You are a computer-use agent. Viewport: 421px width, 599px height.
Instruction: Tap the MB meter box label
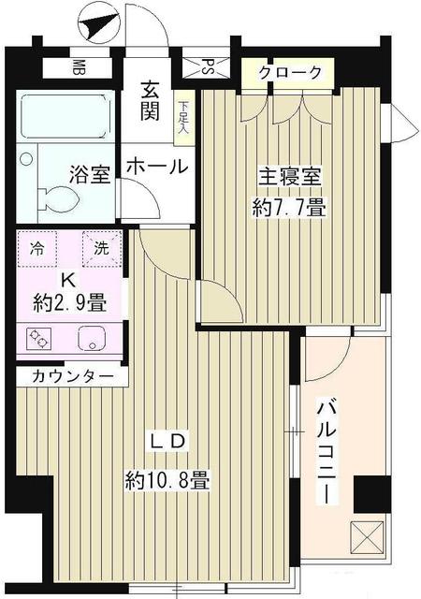pyautogui.click(x=80, y=68)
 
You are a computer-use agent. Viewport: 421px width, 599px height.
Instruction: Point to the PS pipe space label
pyautogui.click(x=208, y=67)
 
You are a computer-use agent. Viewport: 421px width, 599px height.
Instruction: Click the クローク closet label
pyautogui.click(x=290, y=73)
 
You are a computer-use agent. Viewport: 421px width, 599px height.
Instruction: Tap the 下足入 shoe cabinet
pyautogui.click(x=183, y=117)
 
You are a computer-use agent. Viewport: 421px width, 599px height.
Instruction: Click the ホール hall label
pyautogui.click(x=156, y=168)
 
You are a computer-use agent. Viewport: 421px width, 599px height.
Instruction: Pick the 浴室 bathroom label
pyautogui.click(x=90, y=175)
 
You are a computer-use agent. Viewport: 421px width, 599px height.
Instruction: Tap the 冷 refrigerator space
pyautogui.click(x=36, y=249)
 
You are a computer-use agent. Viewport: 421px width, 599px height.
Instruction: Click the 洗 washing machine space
pyautogui.click(x=101, y=249)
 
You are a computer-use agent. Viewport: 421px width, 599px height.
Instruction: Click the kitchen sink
pyautogui.click(x=94, y=338)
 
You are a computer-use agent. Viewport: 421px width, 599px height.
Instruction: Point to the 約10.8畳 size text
pyautogui.click(x=169, y=483)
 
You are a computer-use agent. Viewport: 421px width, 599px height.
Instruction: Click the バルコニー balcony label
pyautogui.click(x=326, y=451)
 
